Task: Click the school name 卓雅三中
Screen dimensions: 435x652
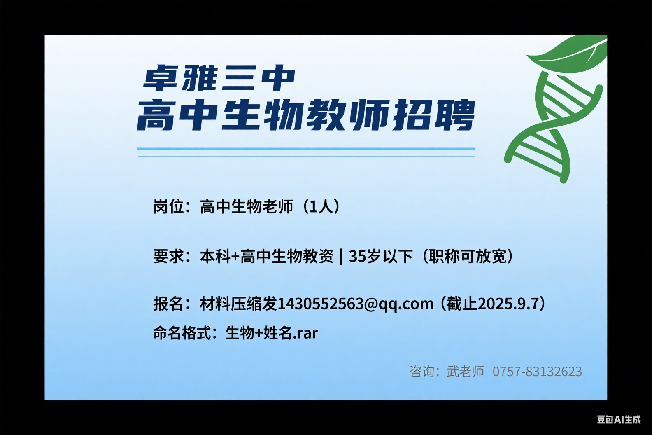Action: click(219, 78)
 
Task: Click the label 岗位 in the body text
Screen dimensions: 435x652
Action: click(168, 206)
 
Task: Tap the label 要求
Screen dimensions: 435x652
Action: click(168, 256)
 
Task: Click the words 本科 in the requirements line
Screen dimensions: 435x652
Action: click(215, 256)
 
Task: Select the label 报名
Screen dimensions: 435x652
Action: click(168, 304)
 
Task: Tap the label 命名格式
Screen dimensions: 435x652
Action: click(182, 332)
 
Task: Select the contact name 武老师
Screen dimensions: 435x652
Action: click(466, 372)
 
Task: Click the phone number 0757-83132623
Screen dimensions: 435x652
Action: click(537, 372)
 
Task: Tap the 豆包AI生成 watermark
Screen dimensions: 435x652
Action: click(619, 420)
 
